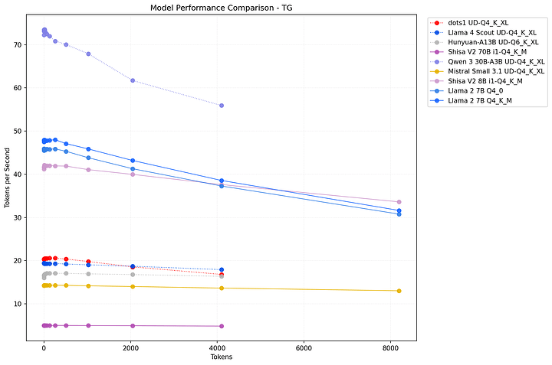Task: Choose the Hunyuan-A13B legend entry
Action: (491, 42)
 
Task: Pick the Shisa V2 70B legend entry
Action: (487, 52)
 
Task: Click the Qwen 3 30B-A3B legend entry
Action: (496, 61)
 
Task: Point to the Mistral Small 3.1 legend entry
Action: (496, 71)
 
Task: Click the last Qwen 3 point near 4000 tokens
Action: (222, 106)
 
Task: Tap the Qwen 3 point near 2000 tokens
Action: (133, 80)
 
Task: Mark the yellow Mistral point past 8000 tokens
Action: (399, 291)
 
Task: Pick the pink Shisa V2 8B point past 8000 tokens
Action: (399, 202)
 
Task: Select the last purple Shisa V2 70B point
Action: (222, 326)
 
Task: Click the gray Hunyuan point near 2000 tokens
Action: (133, 275)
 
